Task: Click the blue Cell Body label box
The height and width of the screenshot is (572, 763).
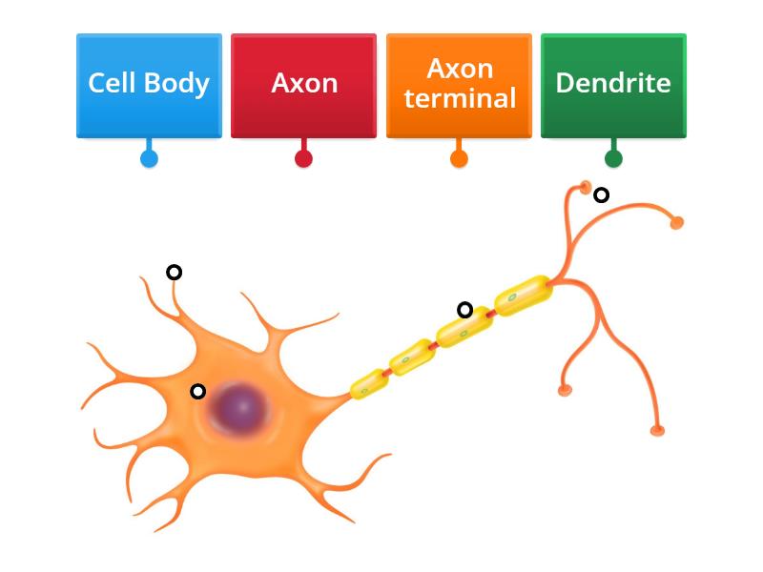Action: tap(149, 85)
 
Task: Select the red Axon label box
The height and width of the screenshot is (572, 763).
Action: tap(303, 85)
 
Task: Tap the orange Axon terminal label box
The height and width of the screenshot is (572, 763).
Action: tap(459, 85)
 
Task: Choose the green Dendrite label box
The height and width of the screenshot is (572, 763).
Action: tap(613, 85)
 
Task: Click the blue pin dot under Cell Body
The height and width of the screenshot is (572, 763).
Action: tap(149, 158)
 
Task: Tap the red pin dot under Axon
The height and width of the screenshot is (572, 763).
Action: tap(303, 158)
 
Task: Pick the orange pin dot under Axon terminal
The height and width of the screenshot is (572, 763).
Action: tap(459, 158)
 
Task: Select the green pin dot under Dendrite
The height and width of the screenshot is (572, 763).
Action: tap(613, 158)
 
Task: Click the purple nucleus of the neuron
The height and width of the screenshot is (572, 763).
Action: tap(239, 408)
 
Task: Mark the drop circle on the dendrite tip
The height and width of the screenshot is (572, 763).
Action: tap(174, 273)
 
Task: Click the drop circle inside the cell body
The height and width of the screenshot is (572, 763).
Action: tap(197, 391)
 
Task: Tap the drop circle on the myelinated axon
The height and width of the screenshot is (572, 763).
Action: tap(464, 309)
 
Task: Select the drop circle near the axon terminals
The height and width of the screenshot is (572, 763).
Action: tap(601, 195)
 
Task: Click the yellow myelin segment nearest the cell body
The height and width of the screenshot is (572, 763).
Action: tap(368, 382)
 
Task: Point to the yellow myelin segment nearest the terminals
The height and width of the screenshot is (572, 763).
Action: tap(523, 295)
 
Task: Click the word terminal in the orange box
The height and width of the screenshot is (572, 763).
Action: tap(460, 98)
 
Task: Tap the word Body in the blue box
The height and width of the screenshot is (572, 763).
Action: tap(182, 83)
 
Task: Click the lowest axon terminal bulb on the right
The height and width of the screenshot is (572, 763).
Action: tap(656, 431)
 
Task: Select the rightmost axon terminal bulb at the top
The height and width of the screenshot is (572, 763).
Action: tap(677, 223)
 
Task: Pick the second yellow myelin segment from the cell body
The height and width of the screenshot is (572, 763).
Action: tap(412, 357)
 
